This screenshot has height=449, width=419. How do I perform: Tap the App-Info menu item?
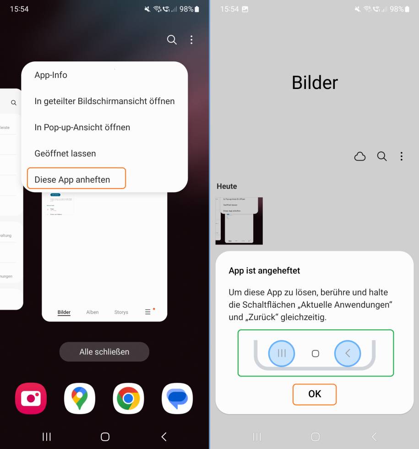(x=51, y=75)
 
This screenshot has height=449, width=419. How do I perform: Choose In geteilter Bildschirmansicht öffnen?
(x=104, y=101)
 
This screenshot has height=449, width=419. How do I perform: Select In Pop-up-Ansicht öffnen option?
(x=82, y=127)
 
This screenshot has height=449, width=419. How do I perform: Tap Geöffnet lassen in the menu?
(x=65, y=153)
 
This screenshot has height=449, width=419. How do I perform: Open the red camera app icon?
(x=31, y=398)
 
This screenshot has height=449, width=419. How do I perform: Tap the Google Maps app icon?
(x=80, y=398)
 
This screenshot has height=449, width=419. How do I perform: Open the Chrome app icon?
(x=128, y=398)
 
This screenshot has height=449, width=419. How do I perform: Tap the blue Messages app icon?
(x=177, y=398)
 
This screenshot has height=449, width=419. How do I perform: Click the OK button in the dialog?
(x=315, y=394)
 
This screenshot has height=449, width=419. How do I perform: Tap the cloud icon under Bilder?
(x=360, y=156)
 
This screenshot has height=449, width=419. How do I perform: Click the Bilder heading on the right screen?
(x=315, y=83)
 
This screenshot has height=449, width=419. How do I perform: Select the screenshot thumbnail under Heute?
(x=239, y=221)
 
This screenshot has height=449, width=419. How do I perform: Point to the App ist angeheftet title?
(x=264, y=271)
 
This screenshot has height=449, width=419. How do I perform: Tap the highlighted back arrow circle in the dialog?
(x=348, y=353)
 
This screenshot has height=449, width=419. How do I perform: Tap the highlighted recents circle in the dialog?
(x=282, y=353)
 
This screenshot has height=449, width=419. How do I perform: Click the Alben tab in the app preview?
(x=93, y=312)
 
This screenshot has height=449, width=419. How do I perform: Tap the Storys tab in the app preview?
(x=121, y=312)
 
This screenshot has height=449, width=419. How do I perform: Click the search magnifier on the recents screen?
(x=172, y=40)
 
